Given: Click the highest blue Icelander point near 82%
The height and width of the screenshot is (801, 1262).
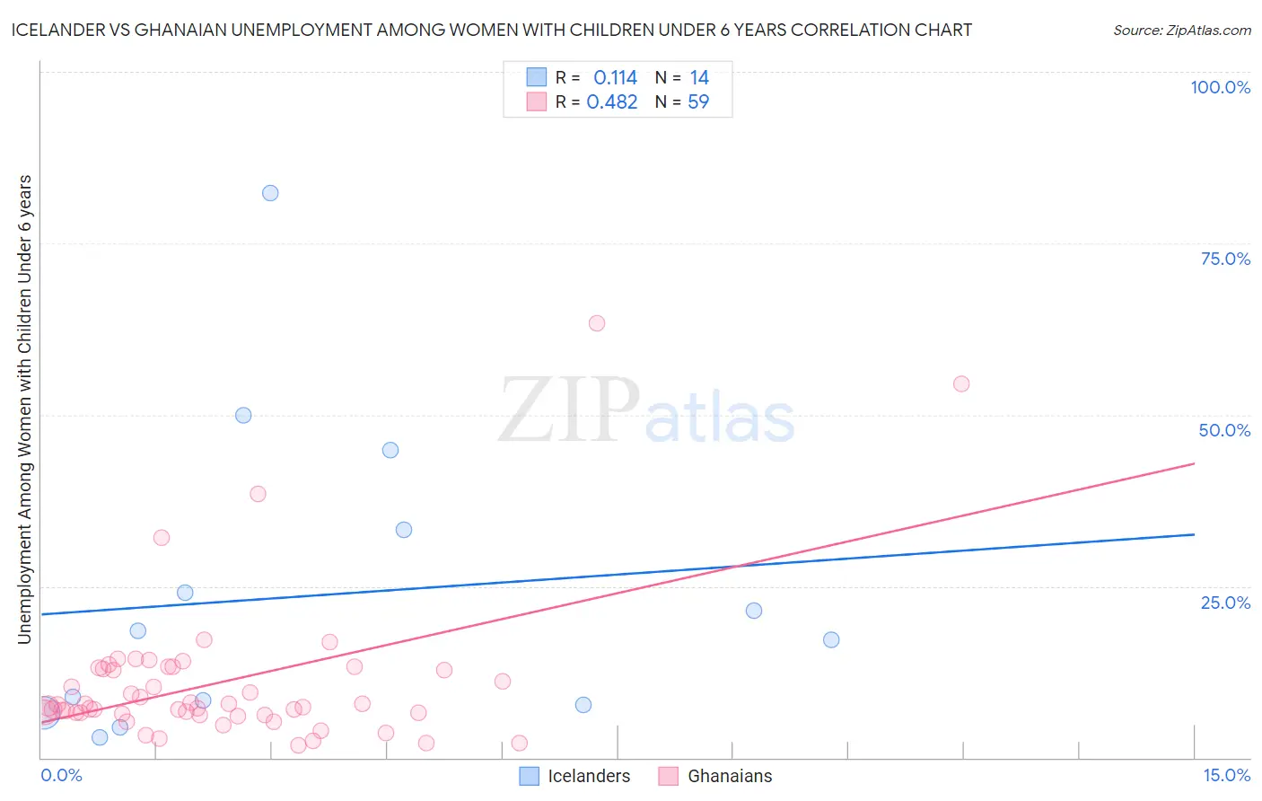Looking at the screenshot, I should [x=270, y=193].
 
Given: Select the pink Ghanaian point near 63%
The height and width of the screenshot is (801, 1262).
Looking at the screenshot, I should [x=597, y=323].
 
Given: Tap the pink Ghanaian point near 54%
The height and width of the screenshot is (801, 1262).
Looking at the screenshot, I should [x=961, y=384].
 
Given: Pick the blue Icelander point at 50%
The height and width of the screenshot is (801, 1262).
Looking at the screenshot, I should [x=243, y=416].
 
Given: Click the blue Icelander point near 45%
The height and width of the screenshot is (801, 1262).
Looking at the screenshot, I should [x=390, y=451].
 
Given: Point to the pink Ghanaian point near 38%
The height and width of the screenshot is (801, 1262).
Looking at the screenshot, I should [x=259, y=494].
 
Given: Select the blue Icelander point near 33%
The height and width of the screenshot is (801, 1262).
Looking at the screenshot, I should [x=404, y=531].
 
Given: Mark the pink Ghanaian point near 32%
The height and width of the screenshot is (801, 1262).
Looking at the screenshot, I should [x=162, y=538].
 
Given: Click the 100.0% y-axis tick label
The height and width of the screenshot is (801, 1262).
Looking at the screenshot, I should [x=1220, y=87].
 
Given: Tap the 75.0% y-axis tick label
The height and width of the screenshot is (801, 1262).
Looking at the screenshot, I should [x=1225, y=259].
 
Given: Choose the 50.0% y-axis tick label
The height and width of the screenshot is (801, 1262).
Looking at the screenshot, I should [x=1224, y=430].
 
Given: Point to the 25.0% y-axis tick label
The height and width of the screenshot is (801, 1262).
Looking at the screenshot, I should [x=1225, y=603].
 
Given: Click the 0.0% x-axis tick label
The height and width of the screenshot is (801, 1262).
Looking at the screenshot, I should [x=62, y=776].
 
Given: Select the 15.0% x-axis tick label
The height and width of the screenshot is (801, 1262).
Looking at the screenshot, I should [x=1226, y=776].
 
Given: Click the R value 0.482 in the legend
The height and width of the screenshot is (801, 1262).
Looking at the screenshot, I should [x=612, y=102].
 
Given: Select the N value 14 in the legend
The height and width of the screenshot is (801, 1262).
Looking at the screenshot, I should [x=699, y=78].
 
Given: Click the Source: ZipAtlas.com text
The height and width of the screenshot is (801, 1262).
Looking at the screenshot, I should [x=1181, y=31].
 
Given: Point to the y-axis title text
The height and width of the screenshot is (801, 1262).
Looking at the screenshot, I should [x=24, y=409].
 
